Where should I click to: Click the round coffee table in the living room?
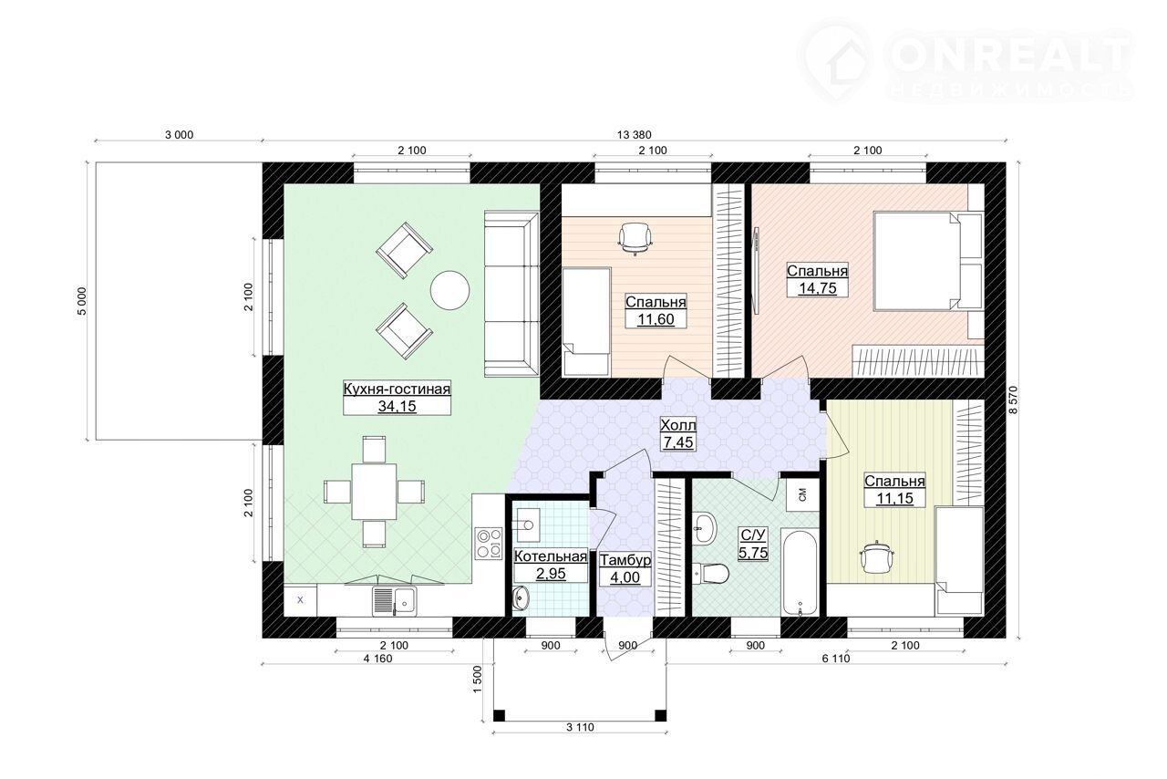pos(449,290)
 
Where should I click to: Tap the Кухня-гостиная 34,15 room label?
pos(397,398)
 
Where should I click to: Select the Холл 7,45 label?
pos(677,434)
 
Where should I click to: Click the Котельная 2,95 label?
pos(551,566)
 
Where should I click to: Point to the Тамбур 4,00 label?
pos(625,569)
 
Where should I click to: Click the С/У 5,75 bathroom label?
pos(753,544)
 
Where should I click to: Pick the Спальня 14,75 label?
pos(817,279)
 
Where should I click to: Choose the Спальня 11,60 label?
pos(656,310)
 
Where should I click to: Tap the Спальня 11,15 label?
pos(894,489)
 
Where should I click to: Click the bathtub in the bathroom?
pos(800,572)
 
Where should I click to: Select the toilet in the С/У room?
pos(712,574)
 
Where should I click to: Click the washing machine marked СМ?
pos(802,493)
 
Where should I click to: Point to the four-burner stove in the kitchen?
pos(489,543)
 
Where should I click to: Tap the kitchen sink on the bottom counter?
pos(395,601)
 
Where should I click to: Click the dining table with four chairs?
pos(374,491)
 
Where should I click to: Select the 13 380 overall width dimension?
pos(634,134)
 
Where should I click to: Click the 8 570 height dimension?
pos(1013,400)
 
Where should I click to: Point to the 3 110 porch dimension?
pos(580,727)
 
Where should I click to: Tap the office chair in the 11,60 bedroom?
pos(635,238)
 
